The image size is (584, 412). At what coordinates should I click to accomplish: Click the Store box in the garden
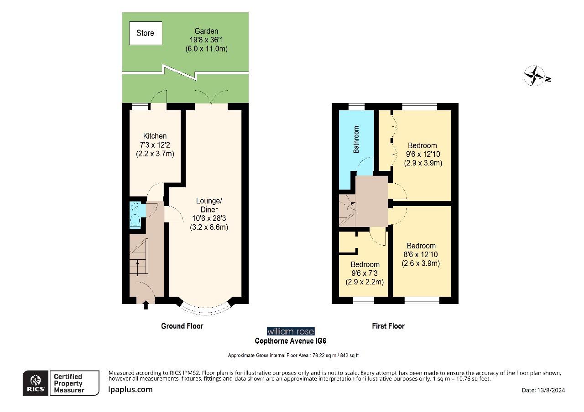pos(146,33)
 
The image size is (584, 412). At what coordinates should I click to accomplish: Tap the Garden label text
pos(206,31)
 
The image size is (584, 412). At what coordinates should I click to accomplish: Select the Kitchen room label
pos(155,136)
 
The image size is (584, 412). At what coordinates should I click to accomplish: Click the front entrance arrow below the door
pos(146,305)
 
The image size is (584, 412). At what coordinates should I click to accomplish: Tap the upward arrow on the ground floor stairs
pos(136,266)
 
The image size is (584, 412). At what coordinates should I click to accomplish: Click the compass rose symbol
pos(534,76)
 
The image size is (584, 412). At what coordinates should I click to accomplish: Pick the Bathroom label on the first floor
pos(357,139)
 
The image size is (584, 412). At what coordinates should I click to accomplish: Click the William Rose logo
pos(290,331)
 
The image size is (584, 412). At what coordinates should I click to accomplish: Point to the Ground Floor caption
pos(182,326)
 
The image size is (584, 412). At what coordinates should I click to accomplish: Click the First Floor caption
pos(388,326)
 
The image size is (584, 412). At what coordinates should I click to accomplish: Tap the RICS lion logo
pos(36,383)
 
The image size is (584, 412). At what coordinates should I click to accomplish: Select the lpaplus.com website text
pos(130,389)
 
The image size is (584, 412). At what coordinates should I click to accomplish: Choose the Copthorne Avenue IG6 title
pos(290,341)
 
